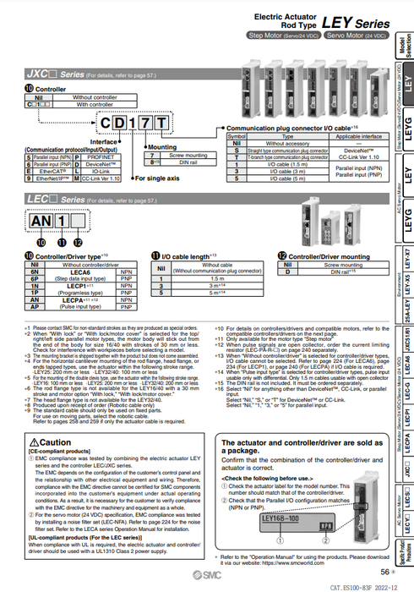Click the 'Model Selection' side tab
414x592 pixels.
pos(403,43)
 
